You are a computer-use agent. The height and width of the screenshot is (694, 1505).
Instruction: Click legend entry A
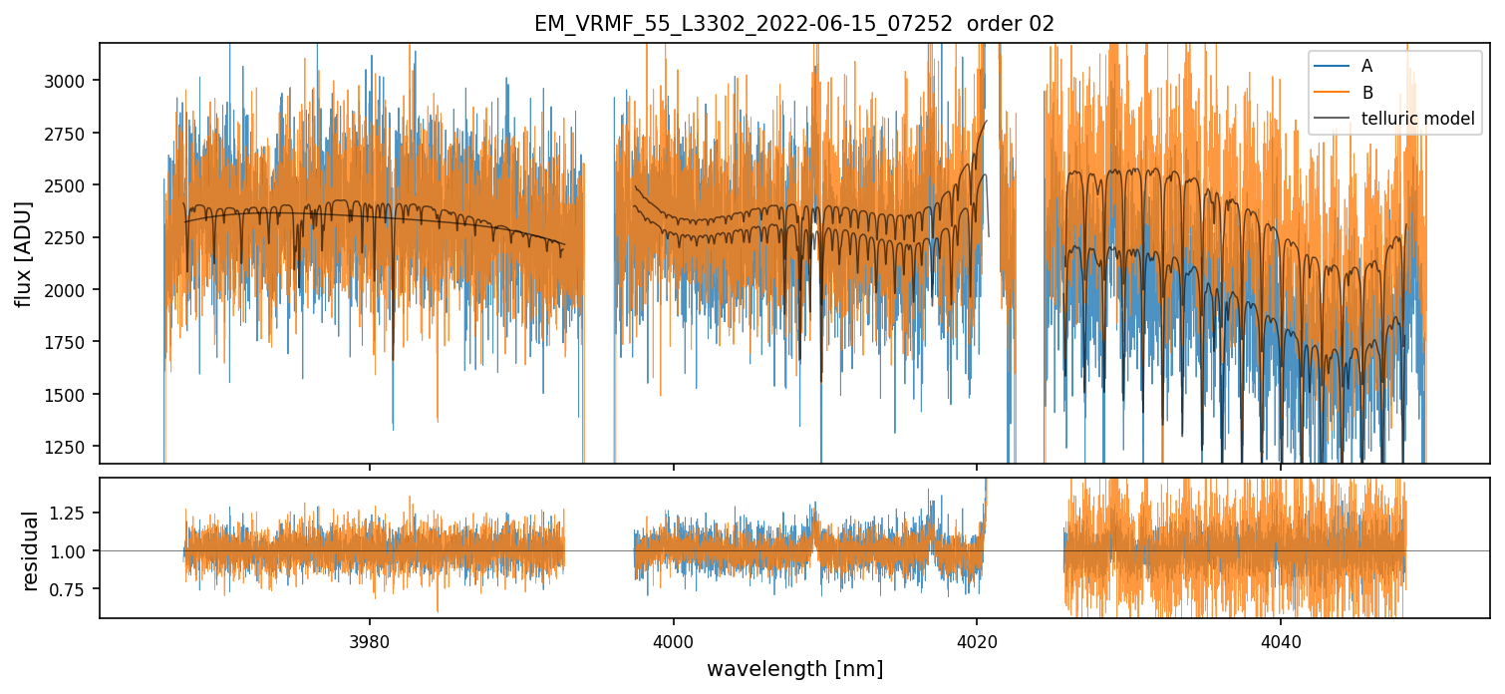[x=1366, y=66]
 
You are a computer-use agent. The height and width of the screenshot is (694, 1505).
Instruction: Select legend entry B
[x=1366, y=93]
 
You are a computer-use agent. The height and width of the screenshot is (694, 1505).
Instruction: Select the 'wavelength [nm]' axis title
[x=794, y=668]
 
